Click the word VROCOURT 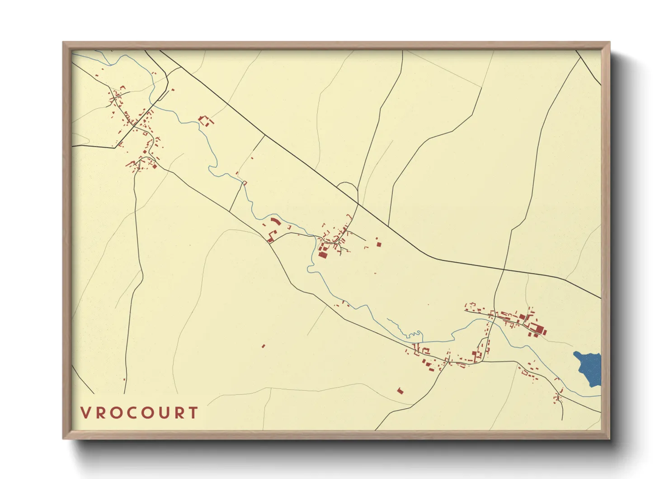pyautogui.click(x=139, y=413)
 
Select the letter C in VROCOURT pyautogui.click(x=128, y=413)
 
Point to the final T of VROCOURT pyautogui.click(x=193, y=413)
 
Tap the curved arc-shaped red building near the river pyautogui.click(x=274, y=221)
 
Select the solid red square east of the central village pyautogui.click(x=379, y=244)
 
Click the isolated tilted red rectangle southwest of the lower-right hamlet pyautogui.click(x=400, y=390)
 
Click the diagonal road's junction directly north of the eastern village pyautogui.click(x=504, y=269)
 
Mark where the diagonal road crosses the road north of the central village pyautogui.click(x=358, y=204)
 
